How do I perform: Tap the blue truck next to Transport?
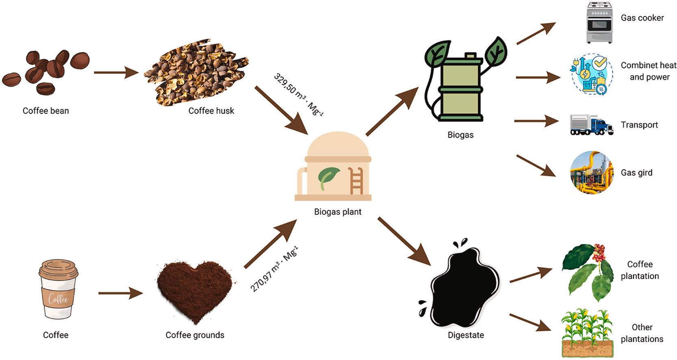coord(591,125)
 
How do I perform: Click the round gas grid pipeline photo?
coord(592,172)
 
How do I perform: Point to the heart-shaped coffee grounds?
coord(194,290)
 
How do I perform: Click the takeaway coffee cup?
coord(58,289)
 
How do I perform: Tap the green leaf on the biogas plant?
coord(328,178)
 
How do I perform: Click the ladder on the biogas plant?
coord(356,181)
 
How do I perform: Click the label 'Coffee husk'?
coord(211,111)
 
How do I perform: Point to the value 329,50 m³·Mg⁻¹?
coord(298,95)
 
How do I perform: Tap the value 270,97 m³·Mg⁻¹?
coord(274,269)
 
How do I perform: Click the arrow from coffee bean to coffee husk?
coord(116,73)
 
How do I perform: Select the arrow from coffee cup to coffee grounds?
coord(120,293)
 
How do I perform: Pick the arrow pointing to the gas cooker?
coord(536,33)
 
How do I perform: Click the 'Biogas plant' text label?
coord(338,212)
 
